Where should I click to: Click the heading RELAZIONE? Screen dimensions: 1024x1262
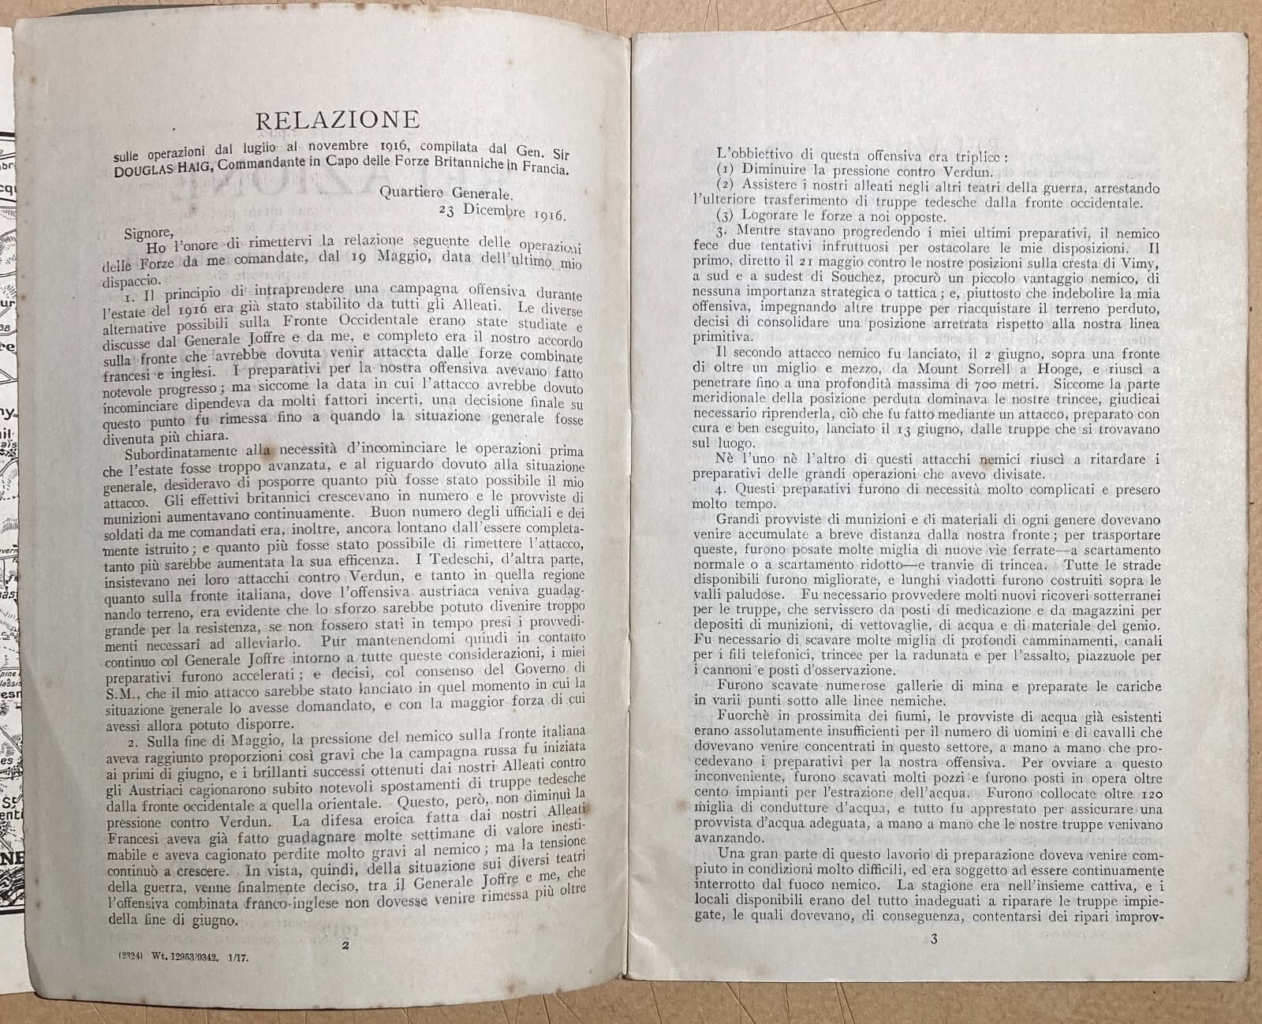(337, 119)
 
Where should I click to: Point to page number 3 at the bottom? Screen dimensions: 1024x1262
(934, 939)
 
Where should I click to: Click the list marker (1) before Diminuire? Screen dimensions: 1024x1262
(726, 170)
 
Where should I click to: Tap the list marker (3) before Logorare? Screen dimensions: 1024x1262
(726, 215)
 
